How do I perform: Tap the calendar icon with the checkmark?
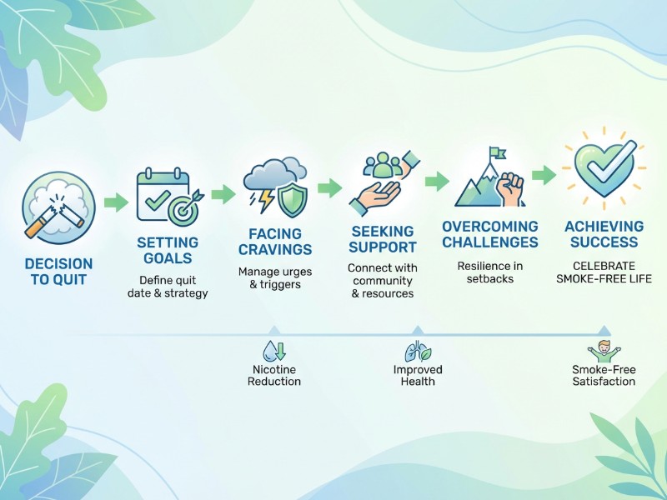coord(158,194)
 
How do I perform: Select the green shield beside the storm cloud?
coord(292,199)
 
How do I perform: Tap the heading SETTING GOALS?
coord(168,250)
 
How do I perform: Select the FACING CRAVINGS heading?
coord(274,242)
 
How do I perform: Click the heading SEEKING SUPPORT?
coord(383,239)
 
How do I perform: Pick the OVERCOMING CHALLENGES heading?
coord(490,234)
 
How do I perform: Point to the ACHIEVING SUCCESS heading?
coord(604,234)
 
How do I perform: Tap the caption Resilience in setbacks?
coord(490,272)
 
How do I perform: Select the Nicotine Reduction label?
coord(274,375)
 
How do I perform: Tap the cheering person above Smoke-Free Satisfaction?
coord(604,350)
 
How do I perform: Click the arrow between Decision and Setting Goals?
coord(116,202)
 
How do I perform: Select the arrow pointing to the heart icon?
coord(544,176)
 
